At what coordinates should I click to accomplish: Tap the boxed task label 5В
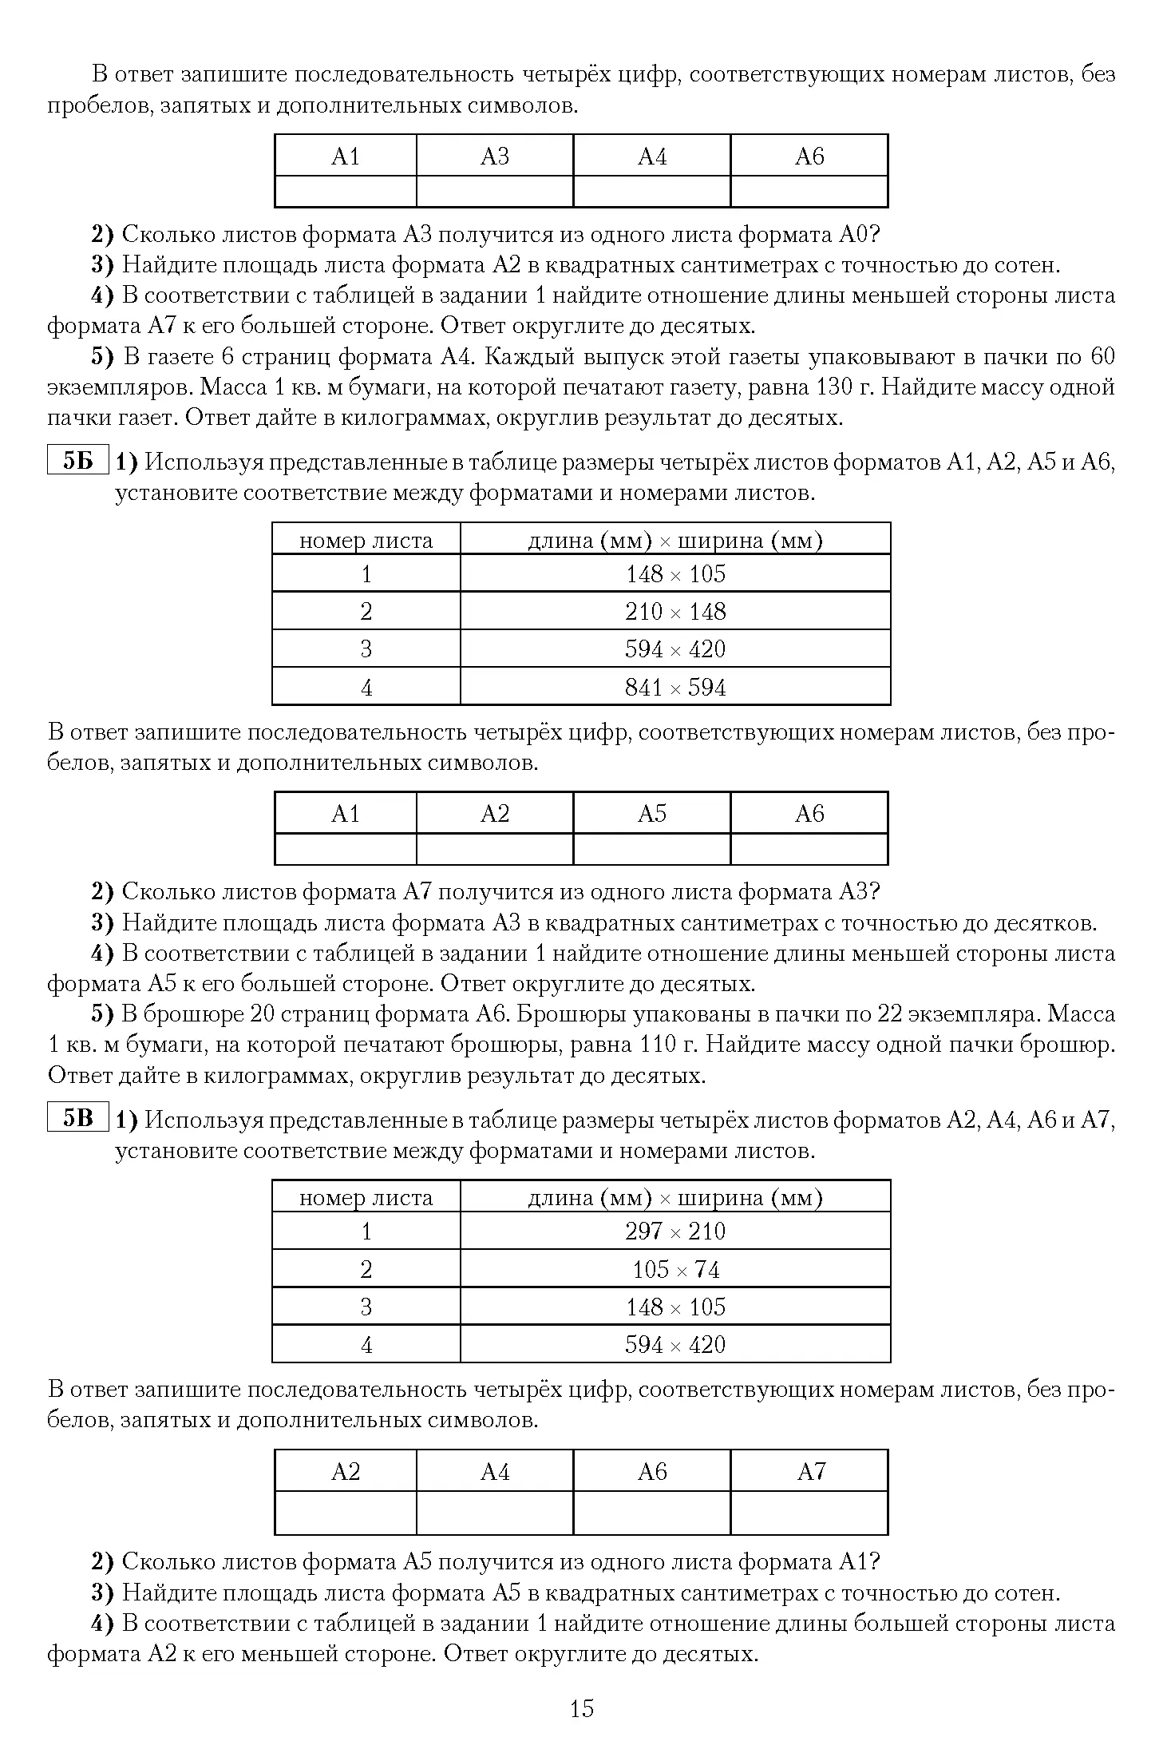point(77,1118)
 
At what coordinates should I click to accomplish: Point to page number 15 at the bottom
point(582,1708)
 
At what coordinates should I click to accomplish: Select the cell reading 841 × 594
point(675,687)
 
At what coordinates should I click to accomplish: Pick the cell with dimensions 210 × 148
point(675,612)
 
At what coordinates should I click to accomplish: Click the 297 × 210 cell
point(675,1231)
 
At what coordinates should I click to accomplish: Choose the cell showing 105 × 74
point(675,1269)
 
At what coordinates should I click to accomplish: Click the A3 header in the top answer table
point(495,157)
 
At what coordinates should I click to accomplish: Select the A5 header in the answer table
point(652,814)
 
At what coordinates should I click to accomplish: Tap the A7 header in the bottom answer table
point(809,1471)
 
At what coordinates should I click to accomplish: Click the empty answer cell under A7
point(809,1512)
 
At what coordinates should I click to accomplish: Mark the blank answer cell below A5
point(652,849)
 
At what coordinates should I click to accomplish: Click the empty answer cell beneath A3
point(495,192)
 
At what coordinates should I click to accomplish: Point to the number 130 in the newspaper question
point(834,387)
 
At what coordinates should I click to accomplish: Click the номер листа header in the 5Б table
point(366,541)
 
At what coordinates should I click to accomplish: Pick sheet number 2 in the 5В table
point(366,1269)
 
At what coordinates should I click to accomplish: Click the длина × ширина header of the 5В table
point(675,1198)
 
